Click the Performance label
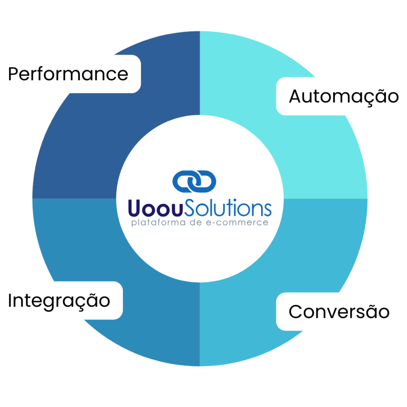pyautogui.click(x=68, y=74)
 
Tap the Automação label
pyautogui.click(x=343, y=97)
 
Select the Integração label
pyautogui.click(x=59, y=301)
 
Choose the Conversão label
pyautogui.click(x=339, y=312)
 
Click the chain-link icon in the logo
pyautogui.click(x=194, y=181)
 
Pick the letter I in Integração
pyautogui.click(x=10, y=301)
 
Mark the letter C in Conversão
pyautogui.click(x=295, y=312)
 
